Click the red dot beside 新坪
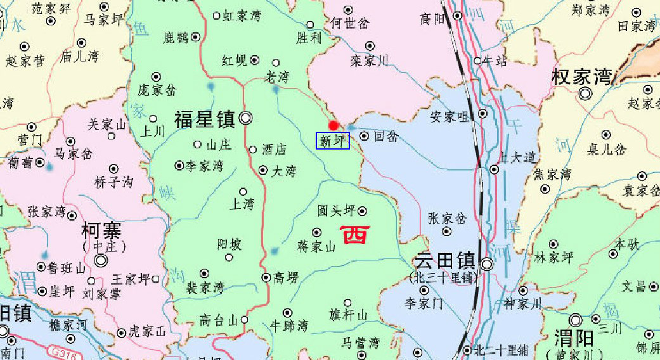(x=333, y=125)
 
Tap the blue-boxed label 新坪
(x=333, y=141)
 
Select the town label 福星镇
(x=204, y=119)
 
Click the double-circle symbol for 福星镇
(x=245, y=118)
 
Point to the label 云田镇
(x=444, y=261)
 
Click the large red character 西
(x=354, y=235)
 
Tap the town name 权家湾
(x=582, y=77)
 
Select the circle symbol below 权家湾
(x=585, y=94)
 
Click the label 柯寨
(x=101, y=230)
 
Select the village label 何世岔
(x=349, y=23)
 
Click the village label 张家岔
(x=447, y=218)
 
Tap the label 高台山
(x=217, y=320)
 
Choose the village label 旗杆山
(x=348, y=315)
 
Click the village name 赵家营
(x=25, y=61)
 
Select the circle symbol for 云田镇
(x=488, y=264)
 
